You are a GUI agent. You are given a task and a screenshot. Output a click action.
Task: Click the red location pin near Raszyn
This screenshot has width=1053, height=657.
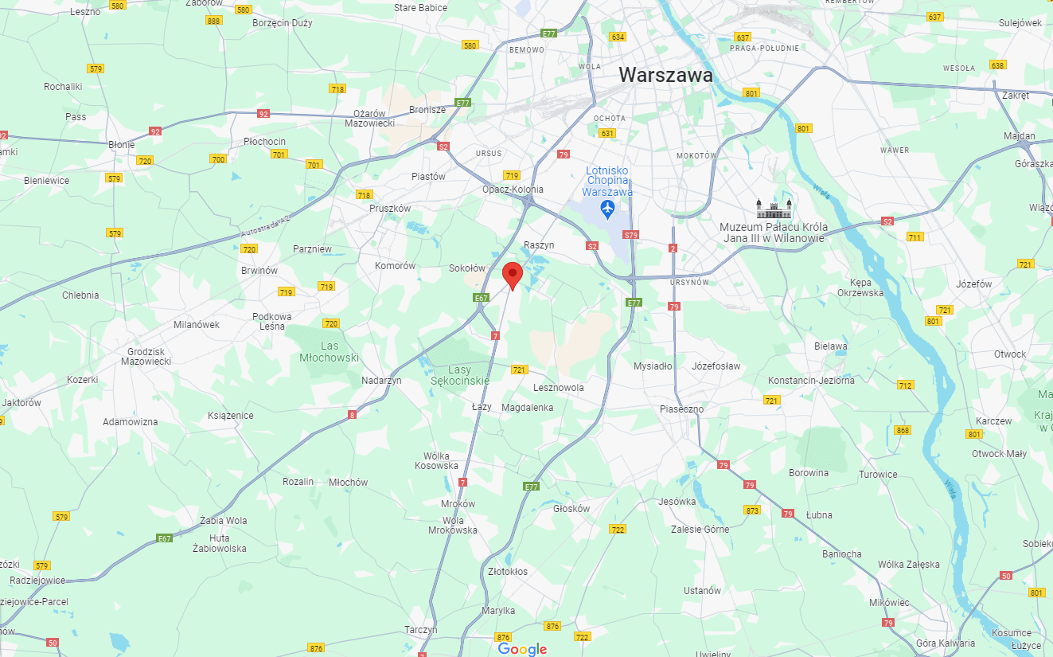click(x=513, y=275)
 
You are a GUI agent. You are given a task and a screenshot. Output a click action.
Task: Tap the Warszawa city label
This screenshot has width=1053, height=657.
click(x=665, y=75)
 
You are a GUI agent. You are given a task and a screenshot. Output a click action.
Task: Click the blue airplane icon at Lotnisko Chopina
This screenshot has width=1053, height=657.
click(x=608, y=209)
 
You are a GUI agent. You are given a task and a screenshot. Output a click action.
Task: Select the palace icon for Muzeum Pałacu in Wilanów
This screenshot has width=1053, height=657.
click(x=774, y=209)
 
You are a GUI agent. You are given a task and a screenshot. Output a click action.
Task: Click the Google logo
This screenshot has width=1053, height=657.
click(x=522, y=649)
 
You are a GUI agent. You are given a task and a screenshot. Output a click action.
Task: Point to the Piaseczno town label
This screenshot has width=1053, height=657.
click(x=681, y=409)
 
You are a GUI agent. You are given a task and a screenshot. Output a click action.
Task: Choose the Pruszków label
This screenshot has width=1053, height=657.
click(x=390, y=208)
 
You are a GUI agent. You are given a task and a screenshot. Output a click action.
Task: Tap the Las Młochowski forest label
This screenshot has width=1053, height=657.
click(x=330, y=352)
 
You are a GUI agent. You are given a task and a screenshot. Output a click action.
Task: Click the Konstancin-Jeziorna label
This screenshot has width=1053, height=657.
click(x=810, y=381)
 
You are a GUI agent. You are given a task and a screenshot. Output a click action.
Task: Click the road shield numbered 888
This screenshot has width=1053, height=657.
click(x=213, y=21)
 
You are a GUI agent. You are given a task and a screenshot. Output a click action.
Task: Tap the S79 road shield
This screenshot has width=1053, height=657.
click(x=631, y=235)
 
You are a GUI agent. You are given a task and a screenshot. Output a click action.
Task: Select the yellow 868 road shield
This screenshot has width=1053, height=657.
click(x=902, y=430)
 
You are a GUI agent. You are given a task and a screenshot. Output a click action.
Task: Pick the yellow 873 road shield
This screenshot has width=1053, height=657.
click(x=752, y=510)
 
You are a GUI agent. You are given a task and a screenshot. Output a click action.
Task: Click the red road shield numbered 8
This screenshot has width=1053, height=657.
click(x=352, y=414)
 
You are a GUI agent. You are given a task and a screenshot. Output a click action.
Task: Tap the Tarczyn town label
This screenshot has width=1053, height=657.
click(x=421, y=629)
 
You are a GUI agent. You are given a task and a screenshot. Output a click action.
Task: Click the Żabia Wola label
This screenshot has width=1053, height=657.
click(x=224, y=521)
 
